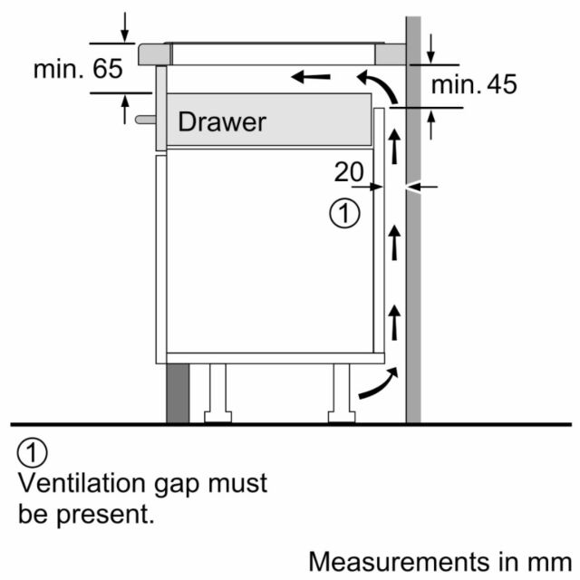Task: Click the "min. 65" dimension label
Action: pos(78,69)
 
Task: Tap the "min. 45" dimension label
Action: pos(474,84)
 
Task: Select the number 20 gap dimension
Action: pos(349,171)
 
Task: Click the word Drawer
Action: pos(222,121)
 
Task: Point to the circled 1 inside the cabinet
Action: pos(344,214)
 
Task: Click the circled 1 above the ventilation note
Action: pos(33,453)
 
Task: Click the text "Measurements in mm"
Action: pos(440,562)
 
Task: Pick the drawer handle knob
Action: pos(146,120)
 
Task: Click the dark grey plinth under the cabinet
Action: pos(178,393)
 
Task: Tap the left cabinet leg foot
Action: pos(217,417)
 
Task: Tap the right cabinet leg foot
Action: pos(342,417)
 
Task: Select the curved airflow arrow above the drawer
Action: pos(381,84)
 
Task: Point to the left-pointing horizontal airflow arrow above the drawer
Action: pos(311,77)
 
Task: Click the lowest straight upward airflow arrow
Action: pos(394,323)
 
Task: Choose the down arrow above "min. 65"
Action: pos(125,27)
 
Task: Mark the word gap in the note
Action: pos(177,486)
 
